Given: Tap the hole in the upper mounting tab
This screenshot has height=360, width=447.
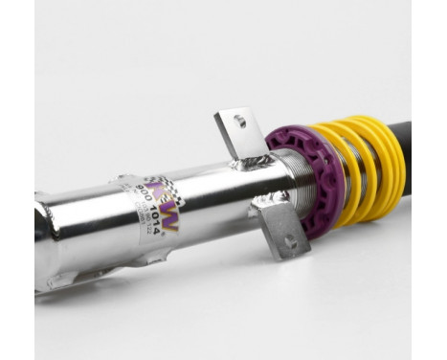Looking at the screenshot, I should click(240, 122).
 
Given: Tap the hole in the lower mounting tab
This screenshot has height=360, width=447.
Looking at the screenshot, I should click(290, 242).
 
